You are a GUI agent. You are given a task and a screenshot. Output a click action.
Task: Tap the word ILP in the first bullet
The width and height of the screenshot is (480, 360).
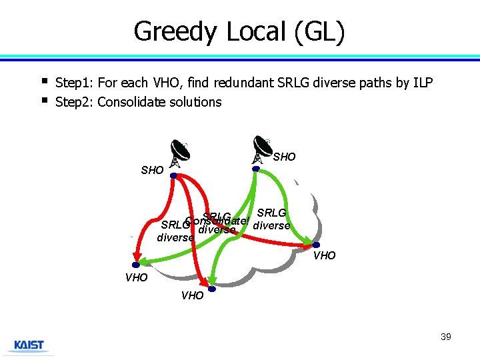(x=422, y=83)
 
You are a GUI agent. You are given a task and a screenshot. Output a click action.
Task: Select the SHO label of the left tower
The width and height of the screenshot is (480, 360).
(x=152, y=170)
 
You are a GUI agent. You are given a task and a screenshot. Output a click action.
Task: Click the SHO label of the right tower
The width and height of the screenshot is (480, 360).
(x=285, y=157)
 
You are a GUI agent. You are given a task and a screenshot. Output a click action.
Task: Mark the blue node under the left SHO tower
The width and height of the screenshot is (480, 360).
(x=173, y=175)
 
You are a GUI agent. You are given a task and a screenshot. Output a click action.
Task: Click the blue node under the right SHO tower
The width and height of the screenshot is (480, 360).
(x=255, y=169)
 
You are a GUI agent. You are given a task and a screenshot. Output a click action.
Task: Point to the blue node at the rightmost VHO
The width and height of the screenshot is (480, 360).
(x=316, y=245)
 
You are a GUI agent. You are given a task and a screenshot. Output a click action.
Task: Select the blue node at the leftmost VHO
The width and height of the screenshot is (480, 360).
(x=134, y=265)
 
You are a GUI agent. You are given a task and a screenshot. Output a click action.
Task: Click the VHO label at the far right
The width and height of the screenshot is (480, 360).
(x=325, y=256)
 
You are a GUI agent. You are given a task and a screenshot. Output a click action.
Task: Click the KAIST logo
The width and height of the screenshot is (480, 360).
(x=29, y=345)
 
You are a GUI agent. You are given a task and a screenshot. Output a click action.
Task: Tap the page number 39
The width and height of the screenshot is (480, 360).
(x=445, y=337)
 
